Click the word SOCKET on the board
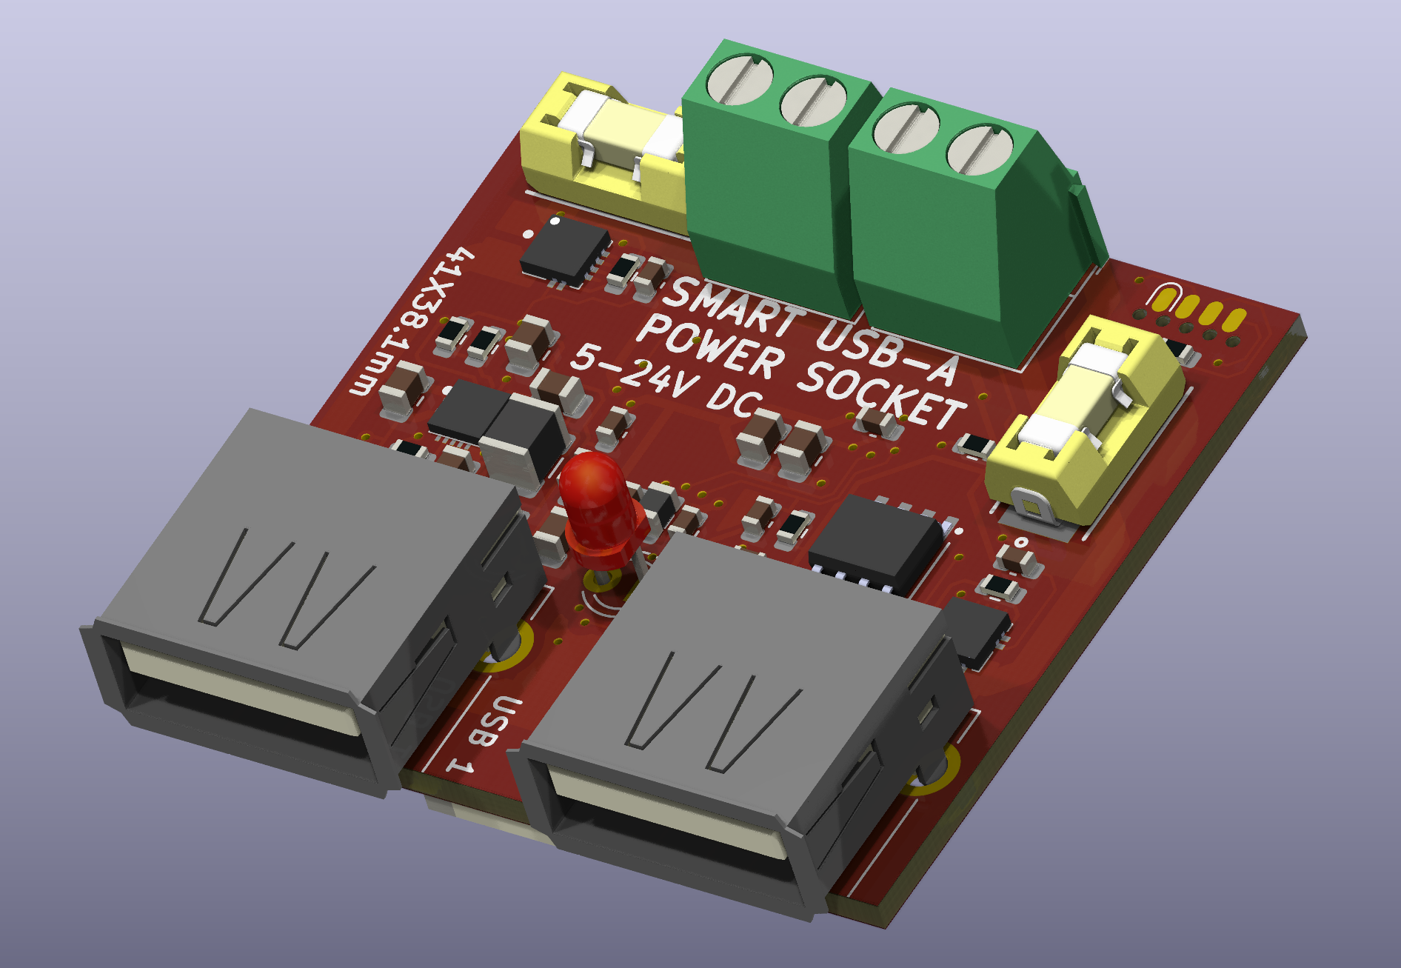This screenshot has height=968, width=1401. (881, 393)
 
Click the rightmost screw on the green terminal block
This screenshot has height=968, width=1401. (979, 151)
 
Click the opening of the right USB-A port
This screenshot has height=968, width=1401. (666, 822)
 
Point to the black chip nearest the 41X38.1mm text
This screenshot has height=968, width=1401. (565, 249)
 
